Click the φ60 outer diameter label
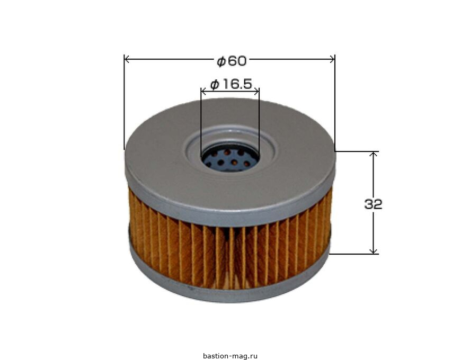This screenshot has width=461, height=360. pyautogui.click(x=232, y=61)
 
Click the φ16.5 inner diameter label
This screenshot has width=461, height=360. pyautogui.click(x=231, y=84)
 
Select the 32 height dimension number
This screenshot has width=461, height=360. pyautogui.click(x=373, y=204)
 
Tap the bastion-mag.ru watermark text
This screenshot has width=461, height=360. pyautogui.click(x=230, y=356)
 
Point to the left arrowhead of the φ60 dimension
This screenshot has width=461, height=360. pyautogui.click(x=127, y=59)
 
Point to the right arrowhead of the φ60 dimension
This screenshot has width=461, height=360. pyautogui.click(x=332, y=59)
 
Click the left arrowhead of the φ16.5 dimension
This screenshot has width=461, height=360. pyautogui.click(x=203, y=92)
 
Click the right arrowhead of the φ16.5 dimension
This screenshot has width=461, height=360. pyautogui.click(x=256, y=92)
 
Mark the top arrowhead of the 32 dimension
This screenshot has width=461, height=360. pyautogui.click(x=374, y=154)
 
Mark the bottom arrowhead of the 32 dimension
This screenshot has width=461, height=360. pyautogui.click(x=374, y=251)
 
